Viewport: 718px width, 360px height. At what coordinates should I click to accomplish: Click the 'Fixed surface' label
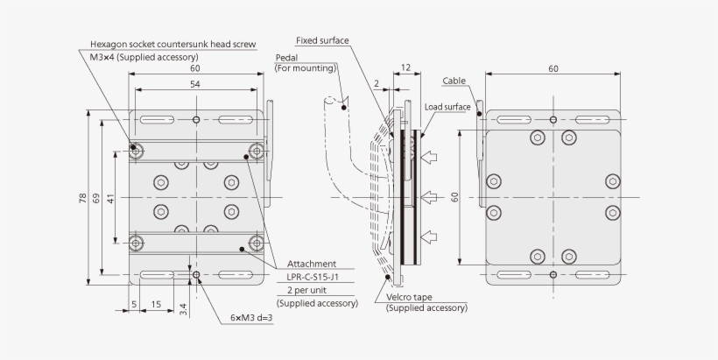click(323, 40)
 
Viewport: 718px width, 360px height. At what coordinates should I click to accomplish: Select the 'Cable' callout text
click(454, 80)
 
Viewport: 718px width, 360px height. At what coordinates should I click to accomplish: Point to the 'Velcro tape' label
click(408, 297)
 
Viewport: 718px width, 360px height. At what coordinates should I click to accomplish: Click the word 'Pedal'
click(286, 57)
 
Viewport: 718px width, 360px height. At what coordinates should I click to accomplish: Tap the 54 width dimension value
click(194, 83)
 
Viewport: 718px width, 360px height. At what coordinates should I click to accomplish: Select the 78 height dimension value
click(83, 198)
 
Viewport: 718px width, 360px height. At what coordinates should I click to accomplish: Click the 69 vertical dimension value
click(97, 198)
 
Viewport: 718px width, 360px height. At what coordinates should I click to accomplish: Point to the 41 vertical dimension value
click(110, 198)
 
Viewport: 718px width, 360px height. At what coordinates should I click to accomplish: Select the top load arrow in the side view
click(430, 158)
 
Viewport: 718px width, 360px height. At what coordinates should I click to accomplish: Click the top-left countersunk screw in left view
click(137, 150)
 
